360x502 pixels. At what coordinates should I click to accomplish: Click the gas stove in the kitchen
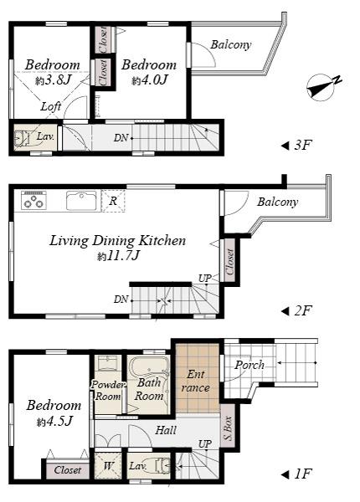point(33,201)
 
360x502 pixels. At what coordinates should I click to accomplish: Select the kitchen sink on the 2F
point(81,201)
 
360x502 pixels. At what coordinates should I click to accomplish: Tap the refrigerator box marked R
point(113,201)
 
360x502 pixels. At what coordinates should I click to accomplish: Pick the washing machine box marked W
point(108,466)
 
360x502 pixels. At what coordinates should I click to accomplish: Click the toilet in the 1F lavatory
point(165,466)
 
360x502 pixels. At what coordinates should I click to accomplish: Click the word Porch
point(249,365)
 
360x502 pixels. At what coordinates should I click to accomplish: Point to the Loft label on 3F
point(51,107)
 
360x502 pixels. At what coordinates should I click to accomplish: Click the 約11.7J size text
point(116,256)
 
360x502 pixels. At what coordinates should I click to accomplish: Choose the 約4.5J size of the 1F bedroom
point(54,421)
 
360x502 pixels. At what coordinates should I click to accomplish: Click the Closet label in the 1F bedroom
point(68,470)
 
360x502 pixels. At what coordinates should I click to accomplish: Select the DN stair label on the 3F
point(121,137)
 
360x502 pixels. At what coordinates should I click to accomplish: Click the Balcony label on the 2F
point(277,202)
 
